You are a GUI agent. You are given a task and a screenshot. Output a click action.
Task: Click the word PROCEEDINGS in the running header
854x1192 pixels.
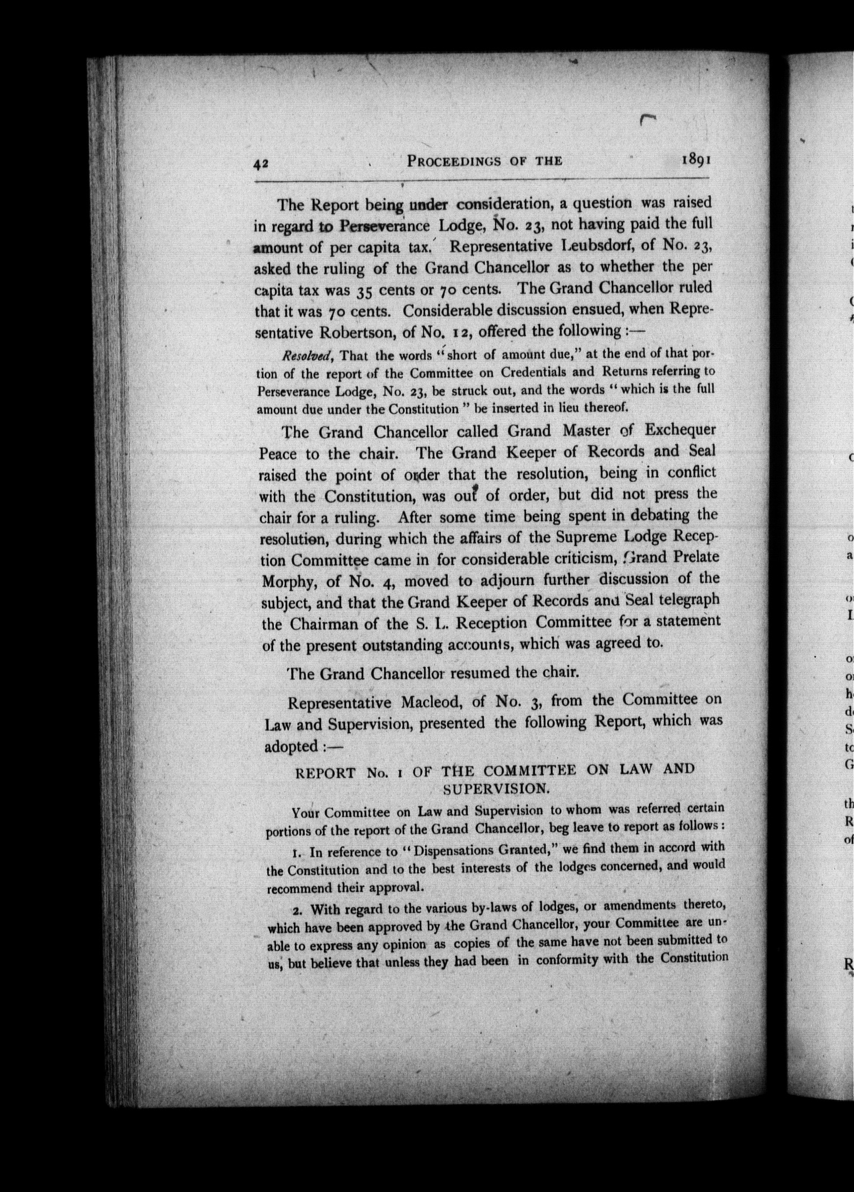453,161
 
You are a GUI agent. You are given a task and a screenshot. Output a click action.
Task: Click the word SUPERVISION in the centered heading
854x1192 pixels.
496,789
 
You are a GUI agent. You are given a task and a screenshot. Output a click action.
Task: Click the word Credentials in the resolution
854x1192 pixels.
548,372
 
